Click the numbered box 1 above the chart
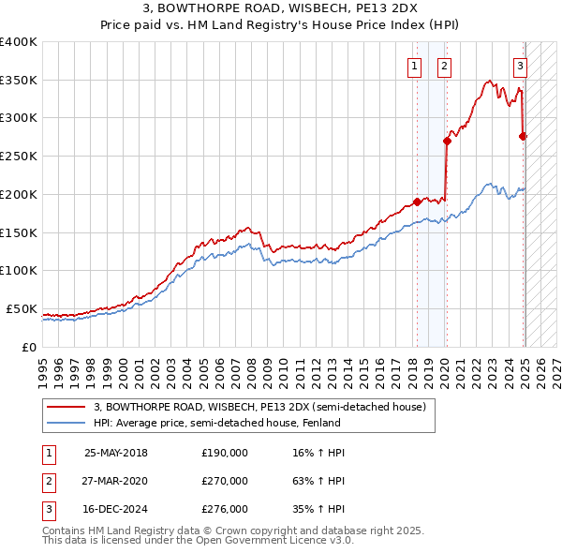[x=414, y=67]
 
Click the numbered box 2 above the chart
[x=443, y=67]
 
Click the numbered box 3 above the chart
[x=520, y=67]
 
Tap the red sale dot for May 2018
[x=417, y=202]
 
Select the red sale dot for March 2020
[x=448, y=141]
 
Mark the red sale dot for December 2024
[x=523, y=137]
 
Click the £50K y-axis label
[x=22, y=308]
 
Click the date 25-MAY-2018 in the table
[x=116, y=453]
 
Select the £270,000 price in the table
[x=225, y=481]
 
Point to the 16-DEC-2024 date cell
[x=116, y=510]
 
